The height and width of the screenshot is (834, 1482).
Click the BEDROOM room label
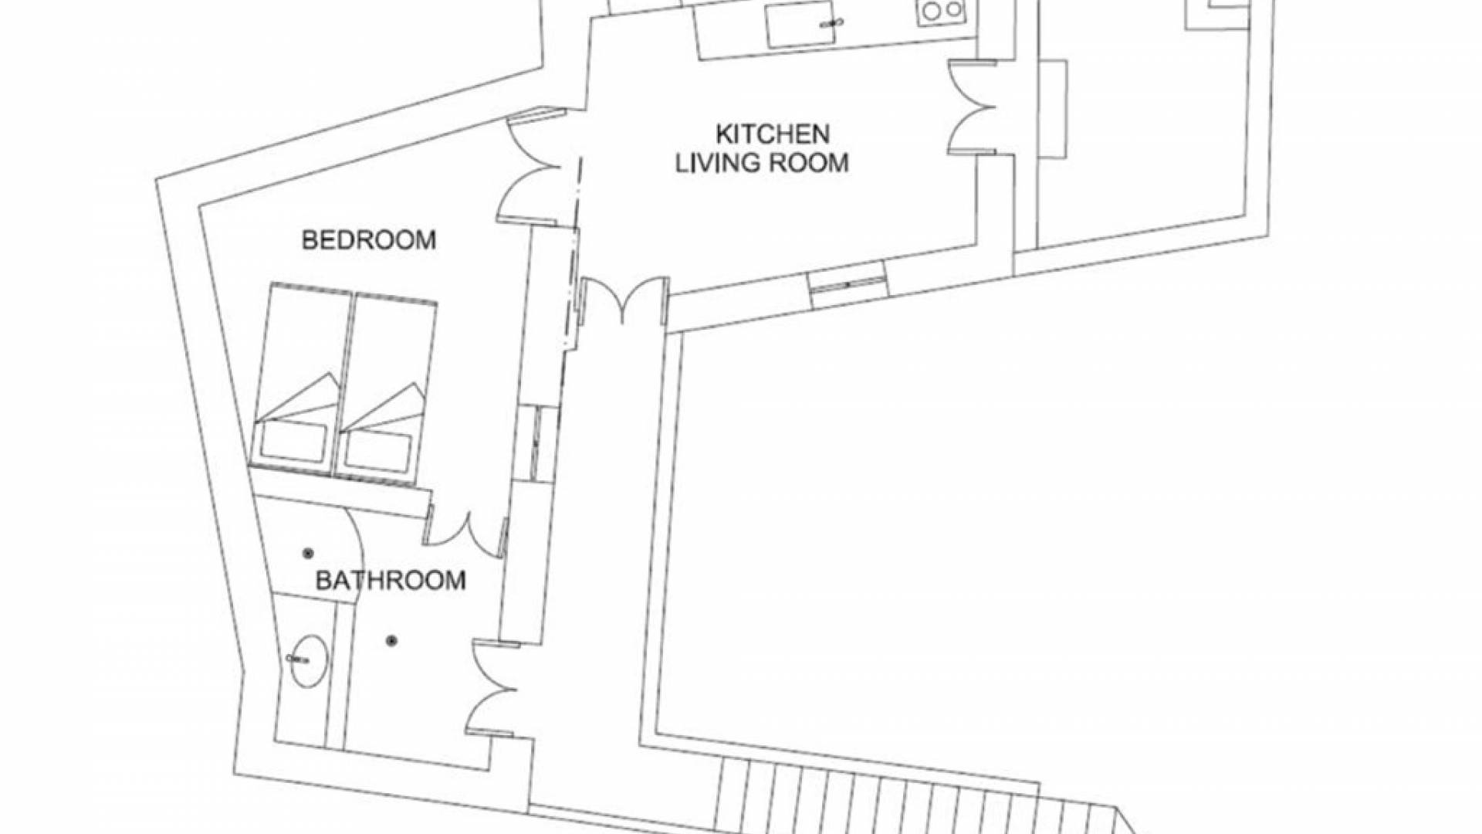click(368, 240)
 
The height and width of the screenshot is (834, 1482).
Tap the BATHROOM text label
click(391, 580)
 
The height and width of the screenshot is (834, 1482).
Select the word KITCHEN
click(773, 134)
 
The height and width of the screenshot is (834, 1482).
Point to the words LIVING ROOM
click(762, 163)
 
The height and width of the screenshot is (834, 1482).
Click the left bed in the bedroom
click(300, 378)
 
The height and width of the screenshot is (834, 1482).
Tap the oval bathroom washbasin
click(307, 661)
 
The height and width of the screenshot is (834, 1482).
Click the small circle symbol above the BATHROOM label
click(309, 553)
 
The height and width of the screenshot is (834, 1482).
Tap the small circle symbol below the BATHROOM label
click(392, 640)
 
